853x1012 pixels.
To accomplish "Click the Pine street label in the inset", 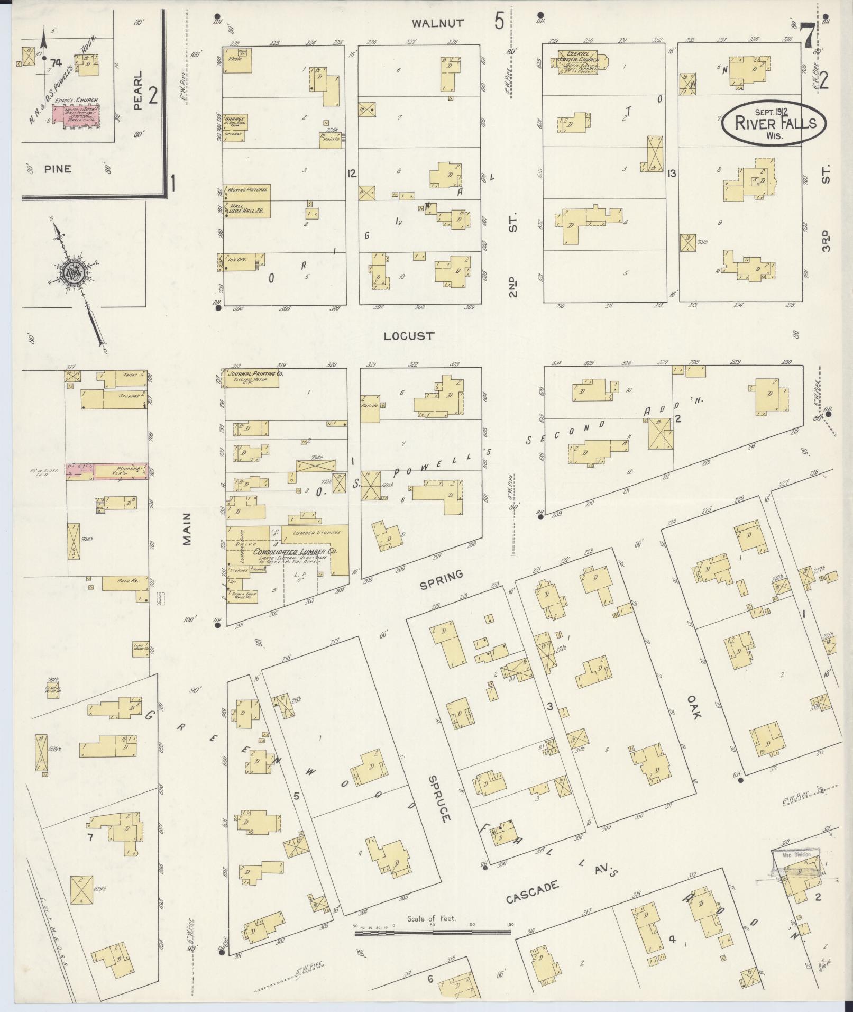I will [x=58, y=169].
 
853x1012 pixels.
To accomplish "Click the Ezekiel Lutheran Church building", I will [x=578, y=61].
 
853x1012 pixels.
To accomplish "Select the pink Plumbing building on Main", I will [x=107, y=470].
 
